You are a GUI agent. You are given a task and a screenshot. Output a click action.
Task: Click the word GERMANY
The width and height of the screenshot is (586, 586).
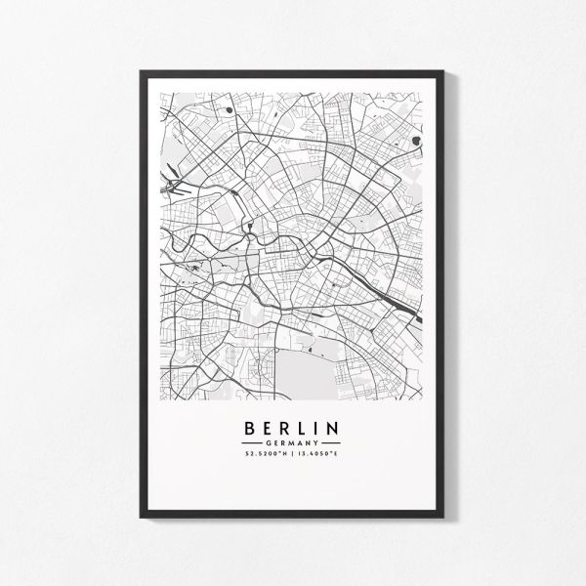click(x=291, y=442)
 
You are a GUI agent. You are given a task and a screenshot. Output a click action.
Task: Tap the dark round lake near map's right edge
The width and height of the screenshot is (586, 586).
click(x=417, y=141)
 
